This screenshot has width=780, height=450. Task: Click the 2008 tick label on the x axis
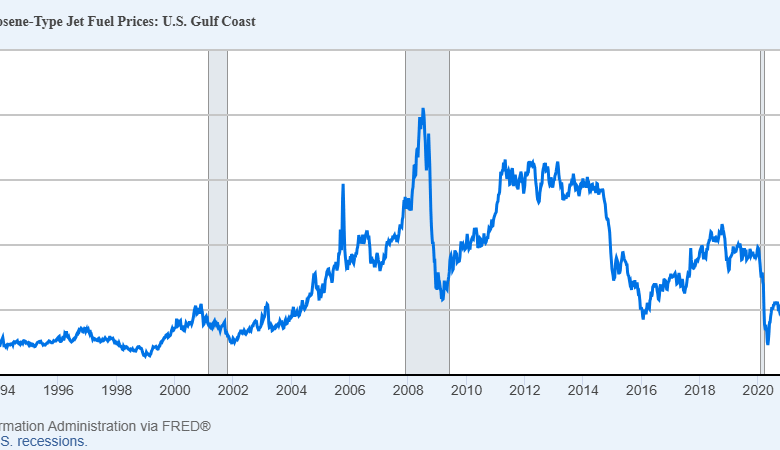(407, 390)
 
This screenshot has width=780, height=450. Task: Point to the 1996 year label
(59, 390)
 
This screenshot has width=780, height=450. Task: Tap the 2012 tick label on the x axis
(523, 390)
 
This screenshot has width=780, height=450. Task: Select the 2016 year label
(639, 390)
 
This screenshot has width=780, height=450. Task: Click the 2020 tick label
(755, 390)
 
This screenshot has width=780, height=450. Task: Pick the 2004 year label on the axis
(291, 390)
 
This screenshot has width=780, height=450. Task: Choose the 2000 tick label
(175, 390)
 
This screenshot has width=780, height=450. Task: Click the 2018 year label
(697, 390)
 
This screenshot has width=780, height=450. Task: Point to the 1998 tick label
(117, 390)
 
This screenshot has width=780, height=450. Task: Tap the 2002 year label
(233, 390)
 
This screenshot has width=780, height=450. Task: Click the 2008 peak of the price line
(423, 109)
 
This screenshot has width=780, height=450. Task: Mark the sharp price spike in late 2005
(343, 185)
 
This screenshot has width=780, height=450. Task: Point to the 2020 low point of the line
(767, 343)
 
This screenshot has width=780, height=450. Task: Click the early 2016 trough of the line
(644, 317)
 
